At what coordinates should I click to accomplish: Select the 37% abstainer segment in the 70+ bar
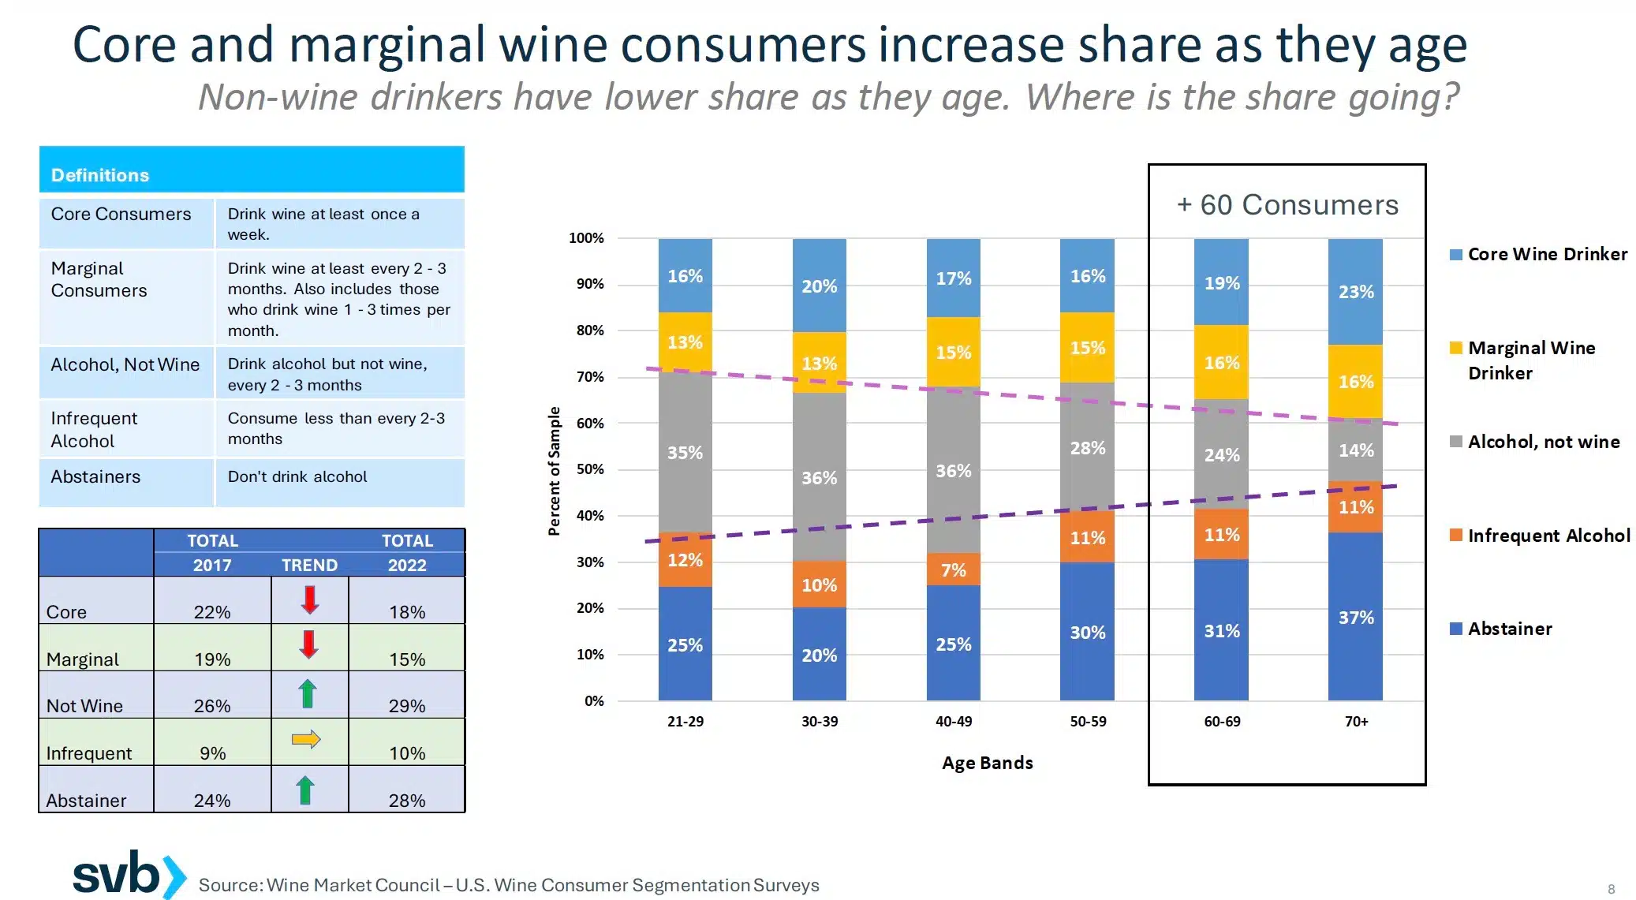(x=1355, y=617)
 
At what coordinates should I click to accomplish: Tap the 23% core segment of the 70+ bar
(x=1355, y=291)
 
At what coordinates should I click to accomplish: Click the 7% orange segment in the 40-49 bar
(x=953, y=570)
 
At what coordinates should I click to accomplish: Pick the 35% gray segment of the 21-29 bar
(x=685, y=452)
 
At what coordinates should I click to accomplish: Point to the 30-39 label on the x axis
(x=820, y=721)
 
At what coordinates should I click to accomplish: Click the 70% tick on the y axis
(x=590, y=376)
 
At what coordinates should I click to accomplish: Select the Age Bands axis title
(x=987, y=763)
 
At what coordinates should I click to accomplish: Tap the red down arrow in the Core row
(x=310, y=599)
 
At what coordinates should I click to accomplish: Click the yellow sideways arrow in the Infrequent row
(x=306, y=739)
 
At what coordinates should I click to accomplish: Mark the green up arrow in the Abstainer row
(x=306, y=790)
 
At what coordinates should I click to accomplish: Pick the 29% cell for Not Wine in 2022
(x=407, y=705)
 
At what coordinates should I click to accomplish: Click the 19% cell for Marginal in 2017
(x=212, y=659)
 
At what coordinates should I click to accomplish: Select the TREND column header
(x=309, y=565)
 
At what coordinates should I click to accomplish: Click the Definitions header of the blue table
(x=100, y=174)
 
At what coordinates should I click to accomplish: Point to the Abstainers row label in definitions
(x=95, y=476)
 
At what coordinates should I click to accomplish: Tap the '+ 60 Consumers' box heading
(x=1287, y=204)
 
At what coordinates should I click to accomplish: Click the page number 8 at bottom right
(x=1611, y=889)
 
